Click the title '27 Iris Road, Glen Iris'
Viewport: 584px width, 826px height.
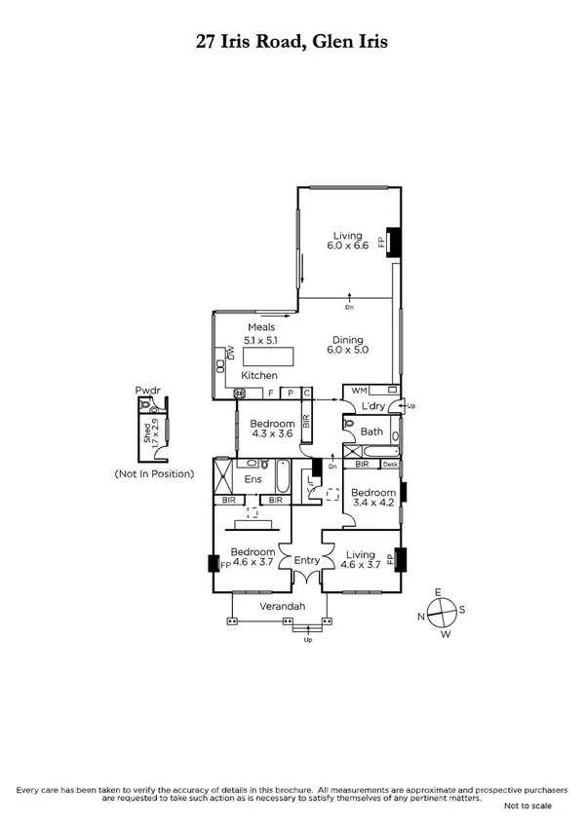point(292,42)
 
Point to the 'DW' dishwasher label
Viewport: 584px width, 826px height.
point(231,354)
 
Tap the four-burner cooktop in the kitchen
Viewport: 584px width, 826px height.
point(238,393)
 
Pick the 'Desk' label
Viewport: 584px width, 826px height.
point(390,465)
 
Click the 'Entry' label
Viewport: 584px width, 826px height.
point(307,560)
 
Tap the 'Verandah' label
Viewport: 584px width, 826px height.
point(282,607)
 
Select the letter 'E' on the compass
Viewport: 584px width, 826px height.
point(439,592)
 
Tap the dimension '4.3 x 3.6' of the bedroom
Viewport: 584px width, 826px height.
point(272,435)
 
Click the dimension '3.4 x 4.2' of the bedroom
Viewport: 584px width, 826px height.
point(370,504)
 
